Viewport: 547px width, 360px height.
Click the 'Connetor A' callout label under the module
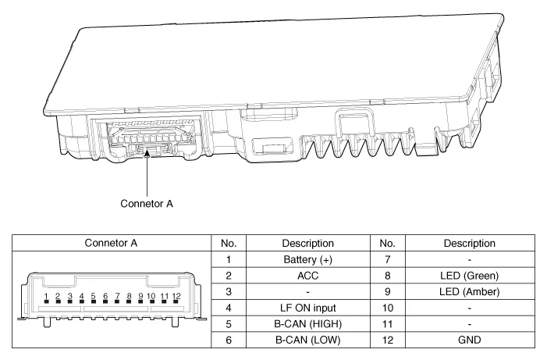click(x=147, y=204)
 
